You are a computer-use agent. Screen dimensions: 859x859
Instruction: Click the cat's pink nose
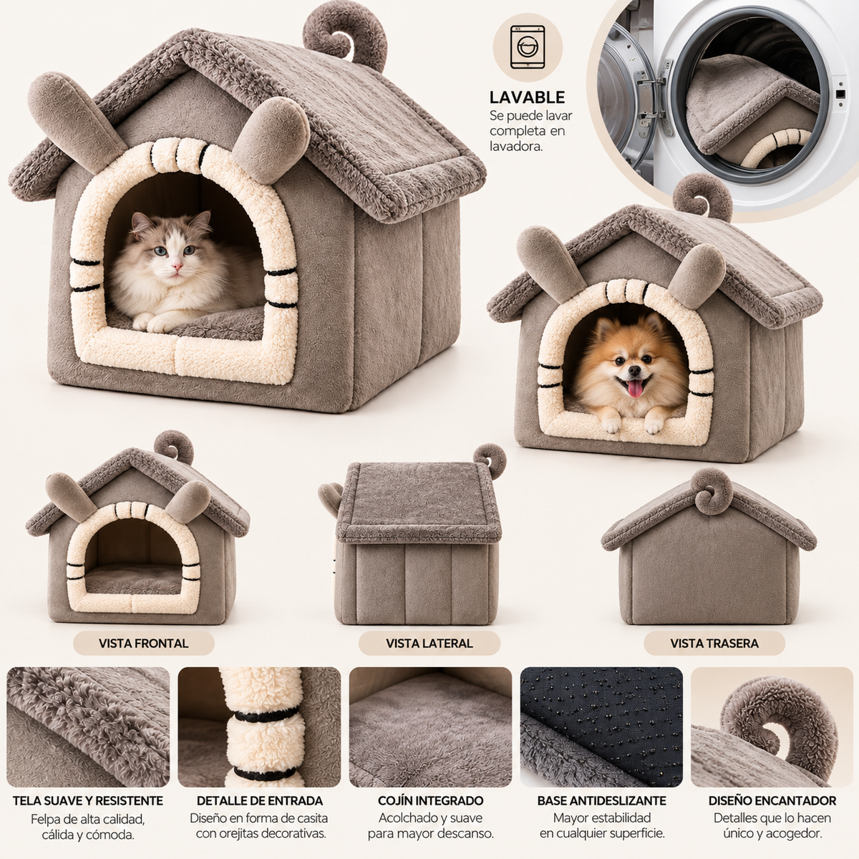pos(178,266)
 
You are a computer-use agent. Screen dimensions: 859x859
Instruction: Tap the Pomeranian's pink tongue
pos(635,389)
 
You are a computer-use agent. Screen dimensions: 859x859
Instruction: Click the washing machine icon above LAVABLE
pos(528,47)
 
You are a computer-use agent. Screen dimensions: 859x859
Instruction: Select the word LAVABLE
pos(527,97)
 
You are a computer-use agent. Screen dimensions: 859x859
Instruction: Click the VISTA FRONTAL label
pos(144,644)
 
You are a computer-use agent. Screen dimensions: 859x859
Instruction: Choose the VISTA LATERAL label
pos(429,644)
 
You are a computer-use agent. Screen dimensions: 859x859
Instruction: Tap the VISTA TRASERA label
pos(714,644)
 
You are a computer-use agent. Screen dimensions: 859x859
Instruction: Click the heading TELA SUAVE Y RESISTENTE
pos(88,800)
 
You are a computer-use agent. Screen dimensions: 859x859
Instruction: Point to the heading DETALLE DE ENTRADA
pos(259,800)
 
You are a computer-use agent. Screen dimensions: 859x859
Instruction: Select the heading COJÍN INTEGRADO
pos(431,800)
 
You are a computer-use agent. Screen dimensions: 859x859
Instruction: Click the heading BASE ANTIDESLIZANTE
pos(601,800)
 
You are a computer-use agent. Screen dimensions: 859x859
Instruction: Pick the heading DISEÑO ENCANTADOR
pos(772,800)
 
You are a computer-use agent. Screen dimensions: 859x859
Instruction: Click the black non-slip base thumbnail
pos(601,727)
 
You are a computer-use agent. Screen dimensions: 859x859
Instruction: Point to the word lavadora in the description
pos(515,146)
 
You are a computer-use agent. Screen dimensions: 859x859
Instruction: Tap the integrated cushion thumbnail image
pos(431,727)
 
